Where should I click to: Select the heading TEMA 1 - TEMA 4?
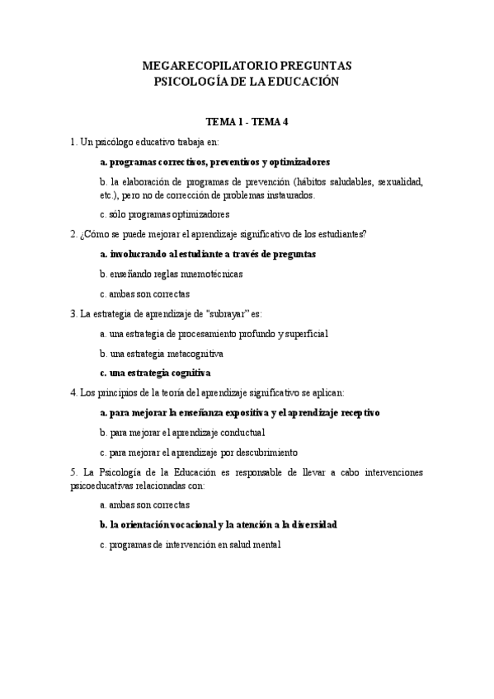coord(247,121)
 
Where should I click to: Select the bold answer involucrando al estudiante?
coord(207,254)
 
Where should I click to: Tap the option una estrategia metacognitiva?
coord(161,353)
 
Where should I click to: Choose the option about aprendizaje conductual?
coord(181,432)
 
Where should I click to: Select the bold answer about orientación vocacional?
coord(218,524)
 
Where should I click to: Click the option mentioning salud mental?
coord(190,544)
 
